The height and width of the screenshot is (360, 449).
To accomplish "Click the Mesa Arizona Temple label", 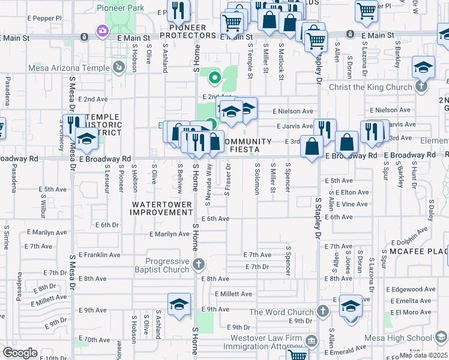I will [67, 67].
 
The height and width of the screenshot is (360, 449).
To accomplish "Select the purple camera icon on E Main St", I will [103, 30].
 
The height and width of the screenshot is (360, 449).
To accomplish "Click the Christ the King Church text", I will [370, 87].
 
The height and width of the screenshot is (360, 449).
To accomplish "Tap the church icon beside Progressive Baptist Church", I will [199, 264].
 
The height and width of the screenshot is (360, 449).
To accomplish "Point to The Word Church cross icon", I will [323, 311].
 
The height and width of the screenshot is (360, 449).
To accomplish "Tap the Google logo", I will [20, 352].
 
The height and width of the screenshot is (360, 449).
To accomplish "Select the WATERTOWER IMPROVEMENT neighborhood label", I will [162, 208].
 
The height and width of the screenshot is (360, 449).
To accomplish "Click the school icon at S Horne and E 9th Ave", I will [179, 304].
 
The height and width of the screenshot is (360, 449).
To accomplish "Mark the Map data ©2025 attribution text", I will [424, 355].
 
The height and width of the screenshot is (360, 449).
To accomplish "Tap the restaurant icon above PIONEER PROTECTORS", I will [178, 10].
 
